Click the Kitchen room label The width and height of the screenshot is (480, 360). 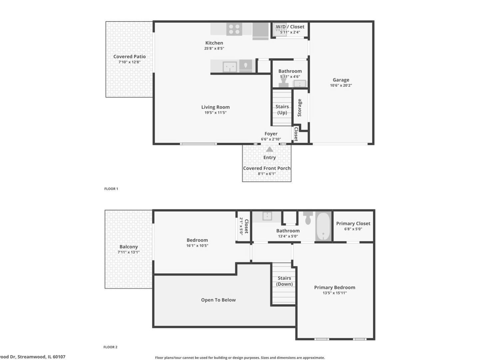(x=214, y=43)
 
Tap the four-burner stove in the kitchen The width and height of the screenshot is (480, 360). (x=234, y=29)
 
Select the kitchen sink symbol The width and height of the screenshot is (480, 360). (x=230, y=67)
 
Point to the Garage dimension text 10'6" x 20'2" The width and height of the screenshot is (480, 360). (x=341, y=85)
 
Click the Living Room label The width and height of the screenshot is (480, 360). (x=216, y=107)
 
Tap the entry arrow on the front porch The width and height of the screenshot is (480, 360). (x=269, y=149)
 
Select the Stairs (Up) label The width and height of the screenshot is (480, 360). (x=282, y=109)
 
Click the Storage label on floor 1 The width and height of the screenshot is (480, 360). (x=299, y=108)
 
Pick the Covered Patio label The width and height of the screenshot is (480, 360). (x=129, y=56)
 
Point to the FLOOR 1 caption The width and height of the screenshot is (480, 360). (x=111, y=189)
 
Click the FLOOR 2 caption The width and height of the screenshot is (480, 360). (x=111, y=347)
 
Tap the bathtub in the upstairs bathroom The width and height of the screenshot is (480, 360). (x=323, y=226)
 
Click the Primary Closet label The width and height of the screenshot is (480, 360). (x=353, y=223)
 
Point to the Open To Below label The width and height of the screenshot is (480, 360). (x=218, y=300)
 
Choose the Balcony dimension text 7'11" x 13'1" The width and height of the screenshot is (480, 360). (x=129, y=252)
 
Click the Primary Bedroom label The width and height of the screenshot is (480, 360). (x=334, y=287)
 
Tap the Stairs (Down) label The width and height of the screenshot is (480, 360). (x=284, y=281)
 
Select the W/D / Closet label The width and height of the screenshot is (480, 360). (x=290, y=27)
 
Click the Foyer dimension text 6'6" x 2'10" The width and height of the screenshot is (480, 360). (x=271, y=139)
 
